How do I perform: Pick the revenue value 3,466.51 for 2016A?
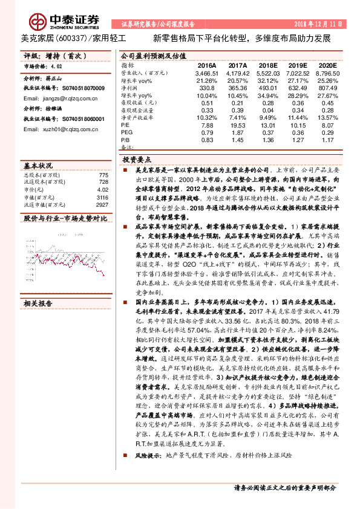pos(206,73)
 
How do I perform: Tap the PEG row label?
pos(127,132)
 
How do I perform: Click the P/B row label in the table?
pos(126,140)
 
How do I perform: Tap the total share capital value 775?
pos(103,175)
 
